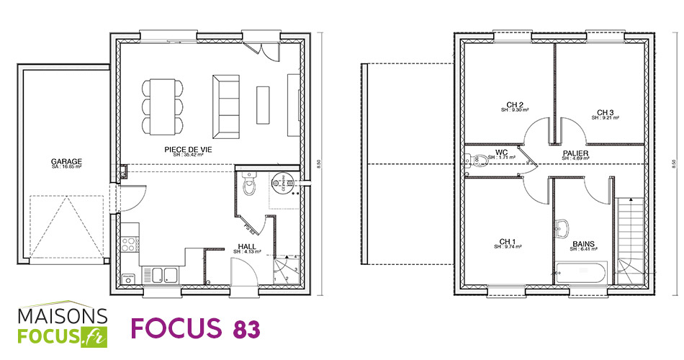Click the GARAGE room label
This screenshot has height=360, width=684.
66,161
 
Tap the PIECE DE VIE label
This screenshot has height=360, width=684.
188,149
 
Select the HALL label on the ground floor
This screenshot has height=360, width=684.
247,246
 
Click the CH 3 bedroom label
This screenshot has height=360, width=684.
605,112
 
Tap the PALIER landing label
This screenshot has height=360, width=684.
576,154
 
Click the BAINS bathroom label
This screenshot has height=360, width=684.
583,245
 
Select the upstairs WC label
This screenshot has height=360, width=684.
502,153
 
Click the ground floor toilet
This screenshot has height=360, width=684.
250,185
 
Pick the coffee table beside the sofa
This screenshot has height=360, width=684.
263,105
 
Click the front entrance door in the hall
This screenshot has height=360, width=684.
243,274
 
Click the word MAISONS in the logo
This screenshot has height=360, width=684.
63,317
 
